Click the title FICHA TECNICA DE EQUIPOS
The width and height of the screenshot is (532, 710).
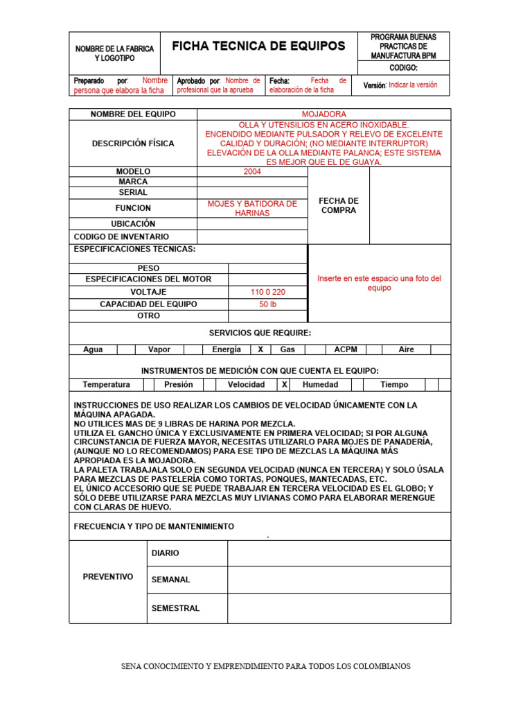click(258, 46)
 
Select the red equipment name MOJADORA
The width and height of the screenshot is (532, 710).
click(323, 114)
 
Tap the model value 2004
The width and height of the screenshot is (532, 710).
click(252, 171)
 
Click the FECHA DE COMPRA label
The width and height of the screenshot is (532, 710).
click(338, 205)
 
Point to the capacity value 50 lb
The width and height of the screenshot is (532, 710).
click(267, 304)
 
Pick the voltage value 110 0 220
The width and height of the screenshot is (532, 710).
click(267, 292)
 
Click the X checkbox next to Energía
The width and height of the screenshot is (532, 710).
click(260, 349)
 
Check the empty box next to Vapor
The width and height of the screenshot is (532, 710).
click(193, 349)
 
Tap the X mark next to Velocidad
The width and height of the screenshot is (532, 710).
click(285, 384)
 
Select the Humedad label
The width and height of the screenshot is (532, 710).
click(321, 384)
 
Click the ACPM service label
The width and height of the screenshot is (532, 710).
click(346, 349)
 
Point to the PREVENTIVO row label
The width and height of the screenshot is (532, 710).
click(108, 577)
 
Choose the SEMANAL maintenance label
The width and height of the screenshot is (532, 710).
click(170, 580)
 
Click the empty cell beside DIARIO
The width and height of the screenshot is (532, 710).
click(339, 553)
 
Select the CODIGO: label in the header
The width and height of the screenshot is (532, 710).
click(403, 68)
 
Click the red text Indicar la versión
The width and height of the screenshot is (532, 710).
click(413, 85)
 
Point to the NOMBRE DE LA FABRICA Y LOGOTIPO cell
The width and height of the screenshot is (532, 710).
click(114, 53)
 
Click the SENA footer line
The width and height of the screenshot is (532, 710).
click(266, 666)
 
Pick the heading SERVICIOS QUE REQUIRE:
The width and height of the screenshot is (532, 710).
click(260, 333)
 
